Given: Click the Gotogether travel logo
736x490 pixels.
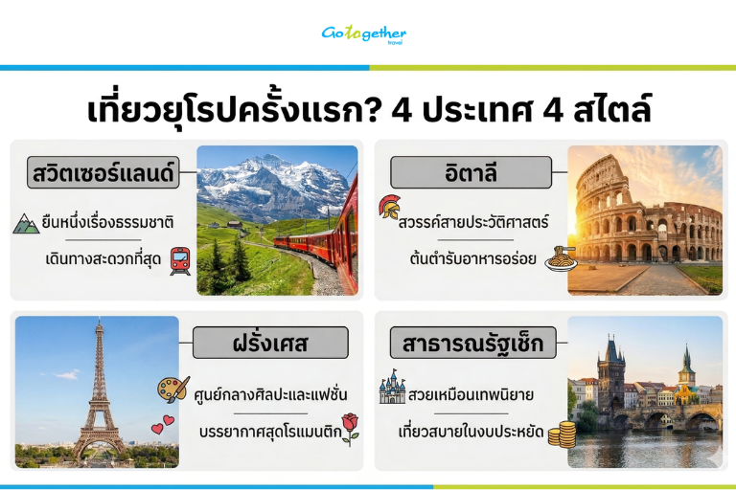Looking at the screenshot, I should (x=364, y=33).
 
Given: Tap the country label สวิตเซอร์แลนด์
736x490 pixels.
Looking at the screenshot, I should (x=101, y=175).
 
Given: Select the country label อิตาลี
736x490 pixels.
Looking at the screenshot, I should (x=471, y=175).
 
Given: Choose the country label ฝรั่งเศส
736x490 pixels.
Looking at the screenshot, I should (x=269, y=343).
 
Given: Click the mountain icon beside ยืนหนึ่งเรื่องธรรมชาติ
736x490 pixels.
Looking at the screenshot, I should (x=26, y=223).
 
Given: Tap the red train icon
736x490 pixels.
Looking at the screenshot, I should (x=180, y=259).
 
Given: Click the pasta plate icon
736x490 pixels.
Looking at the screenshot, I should (x=559, y=258).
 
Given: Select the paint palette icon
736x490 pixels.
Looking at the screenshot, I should (x=173, y=390).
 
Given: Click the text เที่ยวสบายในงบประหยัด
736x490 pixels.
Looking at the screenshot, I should (x=470, y=433).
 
